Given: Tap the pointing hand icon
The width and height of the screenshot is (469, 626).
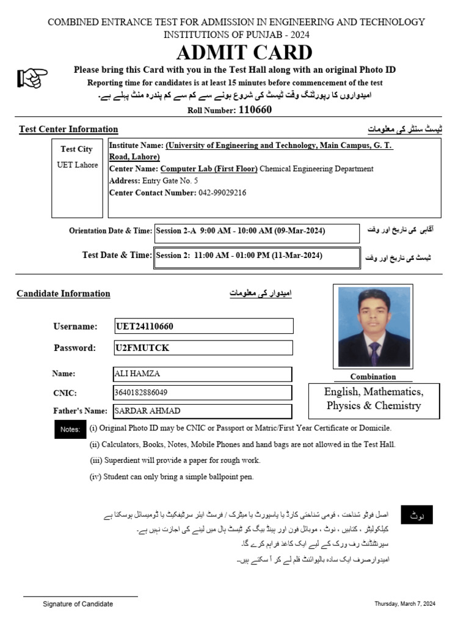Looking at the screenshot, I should tap(32, 78).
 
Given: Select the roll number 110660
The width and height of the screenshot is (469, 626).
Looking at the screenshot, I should tap(255, 110).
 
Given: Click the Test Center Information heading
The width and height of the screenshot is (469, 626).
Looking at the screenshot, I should tap(68, 129).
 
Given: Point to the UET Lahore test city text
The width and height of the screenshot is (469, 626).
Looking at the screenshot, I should tap(77, 165).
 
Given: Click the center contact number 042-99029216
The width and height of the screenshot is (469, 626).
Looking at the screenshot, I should tap(222, 193).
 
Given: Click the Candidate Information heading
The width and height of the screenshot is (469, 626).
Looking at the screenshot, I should tap(64, 293).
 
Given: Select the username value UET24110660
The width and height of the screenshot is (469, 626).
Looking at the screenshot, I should tap(145, 326).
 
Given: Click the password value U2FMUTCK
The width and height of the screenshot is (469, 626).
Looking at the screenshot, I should tap(142, 348).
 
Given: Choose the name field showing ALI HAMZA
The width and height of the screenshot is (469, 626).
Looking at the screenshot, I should tap(137, 374).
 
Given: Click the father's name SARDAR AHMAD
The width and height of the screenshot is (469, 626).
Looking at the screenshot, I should tap(147, 411).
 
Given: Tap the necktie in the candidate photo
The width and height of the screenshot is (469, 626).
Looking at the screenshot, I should tap(374, 353).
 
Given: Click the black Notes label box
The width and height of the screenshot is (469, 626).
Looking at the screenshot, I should tap(70, 430).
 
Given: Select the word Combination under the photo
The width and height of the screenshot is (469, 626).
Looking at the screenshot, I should tap(373, 377).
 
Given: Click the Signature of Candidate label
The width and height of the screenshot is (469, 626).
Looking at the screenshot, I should tap(78, 604).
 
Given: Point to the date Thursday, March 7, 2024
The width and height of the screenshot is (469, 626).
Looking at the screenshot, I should tap(405, 604).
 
